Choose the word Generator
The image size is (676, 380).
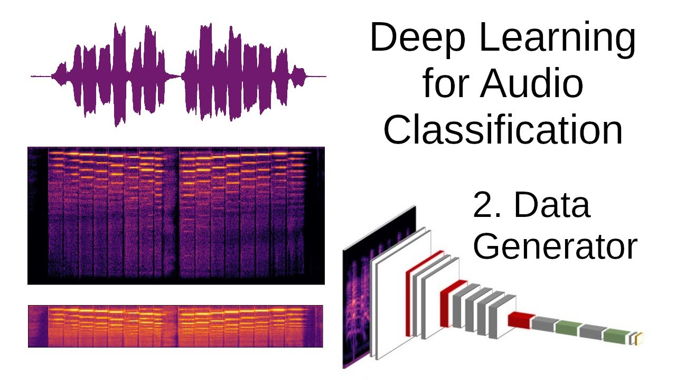pyautogui.click(x=555, y=245)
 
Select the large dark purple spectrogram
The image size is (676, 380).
pyautogui.click(x=176, y=215)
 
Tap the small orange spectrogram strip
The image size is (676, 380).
pyautogui.click(x=175, y=326)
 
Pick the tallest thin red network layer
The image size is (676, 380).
pyautogui.click(x=409, y=301)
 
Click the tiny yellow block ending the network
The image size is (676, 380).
pyautogui.click(x=640, y=339)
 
